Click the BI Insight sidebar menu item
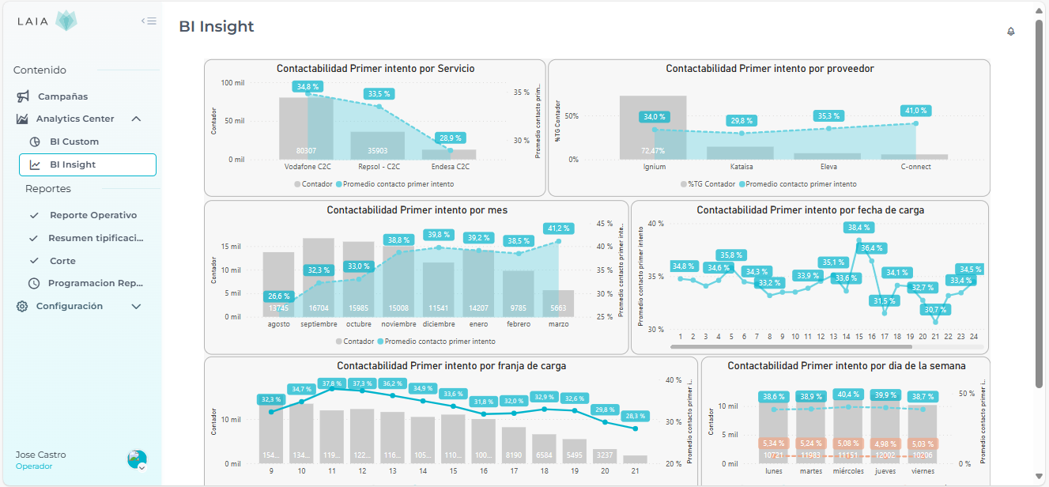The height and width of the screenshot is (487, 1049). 73,164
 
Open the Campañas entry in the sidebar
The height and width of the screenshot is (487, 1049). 62,96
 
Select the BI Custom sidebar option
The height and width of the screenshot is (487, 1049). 74,142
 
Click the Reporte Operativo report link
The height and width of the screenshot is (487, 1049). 92,215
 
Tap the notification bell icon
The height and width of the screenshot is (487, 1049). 1010,32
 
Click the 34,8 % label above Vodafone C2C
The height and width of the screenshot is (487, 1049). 308,86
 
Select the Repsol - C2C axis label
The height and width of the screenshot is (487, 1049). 378,167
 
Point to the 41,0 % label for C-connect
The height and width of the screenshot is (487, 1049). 915,111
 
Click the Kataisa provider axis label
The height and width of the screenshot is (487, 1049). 741,167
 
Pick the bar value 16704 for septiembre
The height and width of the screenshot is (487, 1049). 319,308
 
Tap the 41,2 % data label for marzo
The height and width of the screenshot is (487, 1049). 559,228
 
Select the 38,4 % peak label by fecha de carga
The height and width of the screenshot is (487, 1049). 858,228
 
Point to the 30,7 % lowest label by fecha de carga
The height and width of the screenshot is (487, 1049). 935,309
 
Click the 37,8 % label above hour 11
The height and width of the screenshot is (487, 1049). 331,383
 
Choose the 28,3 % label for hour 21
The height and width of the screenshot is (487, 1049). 635,416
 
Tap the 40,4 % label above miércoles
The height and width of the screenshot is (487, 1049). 847,395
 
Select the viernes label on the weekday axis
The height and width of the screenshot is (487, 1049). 921,470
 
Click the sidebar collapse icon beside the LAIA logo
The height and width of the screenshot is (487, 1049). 149,21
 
